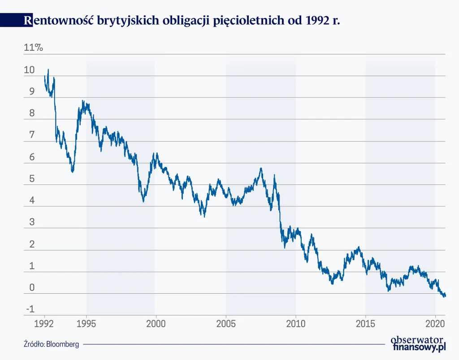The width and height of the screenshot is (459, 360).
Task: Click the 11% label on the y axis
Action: pos(34,48)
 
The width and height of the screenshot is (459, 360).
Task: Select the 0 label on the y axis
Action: pos(31,287)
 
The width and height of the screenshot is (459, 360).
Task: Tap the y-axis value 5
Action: pos(31,179)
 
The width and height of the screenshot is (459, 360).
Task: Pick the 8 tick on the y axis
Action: pos(31,113)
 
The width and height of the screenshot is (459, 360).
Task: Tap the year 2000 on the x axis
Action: pos(156,323)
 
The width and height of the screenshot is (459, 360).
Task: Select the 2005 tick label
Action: pos(225,323)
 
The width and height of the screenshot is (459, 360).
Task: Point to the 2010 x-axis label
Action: pos(295,323)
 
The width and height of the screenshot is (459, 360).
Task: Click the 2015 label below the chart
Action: pos(365,323)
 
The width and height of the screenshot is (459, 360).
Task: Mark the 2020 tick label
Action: pos(435,323)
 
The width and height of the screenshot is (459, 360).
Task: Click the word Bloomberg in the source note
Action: pos(63,344)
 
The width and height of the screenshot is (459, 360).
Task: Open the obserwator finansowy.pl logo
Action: pos(419,343)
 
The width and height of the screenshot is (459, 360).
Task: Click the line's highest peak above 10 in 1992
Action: pos(48,70)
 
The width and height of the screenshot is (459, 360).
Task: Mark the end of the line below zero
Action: pos(445,296)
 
